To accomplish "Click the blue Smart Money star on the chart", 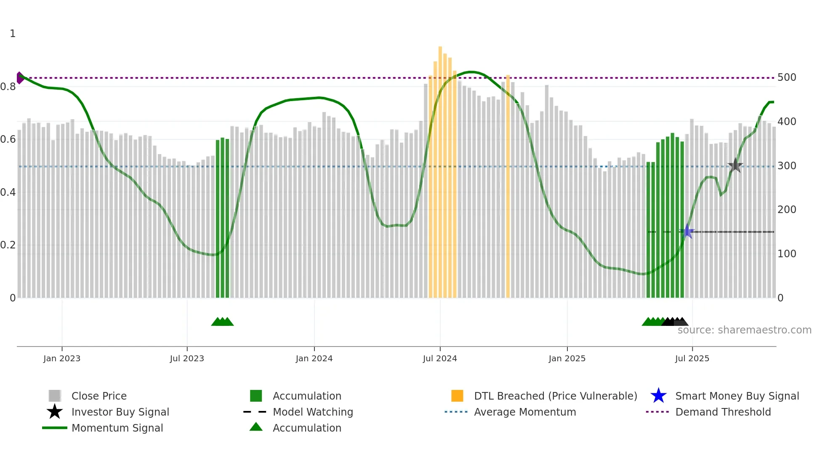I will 687,231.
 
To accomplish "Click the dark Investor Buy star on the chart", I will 735,165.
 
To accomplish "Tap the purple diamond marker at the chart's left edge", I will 20,78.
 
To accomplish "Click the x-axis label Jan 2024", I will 314,358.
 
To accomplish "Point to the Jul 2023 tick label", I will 187,358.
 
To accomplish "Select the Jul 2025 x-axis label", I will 692,358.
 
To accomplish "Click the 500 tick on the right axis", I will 787,77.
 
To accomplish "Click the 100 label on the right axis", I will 787,254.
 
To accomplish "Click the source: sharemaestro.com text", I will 744,330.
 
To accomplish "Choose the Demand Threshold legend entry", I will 723,412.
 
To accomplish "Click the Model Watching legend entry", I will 312,412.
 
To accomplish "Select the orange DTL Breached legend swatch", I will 457,396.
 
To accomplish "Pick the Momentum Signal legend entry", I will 117,428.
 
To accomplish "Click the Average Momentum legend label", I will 524,412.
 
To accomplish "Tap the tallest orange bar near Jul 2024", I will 440,168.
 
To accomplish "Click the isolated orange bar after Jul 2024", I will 508,185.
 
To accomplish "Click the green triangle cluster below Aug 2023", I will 222,322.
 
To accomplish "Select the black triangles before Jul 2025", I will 674,322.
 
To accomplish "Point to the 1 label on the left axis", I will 13,34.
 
